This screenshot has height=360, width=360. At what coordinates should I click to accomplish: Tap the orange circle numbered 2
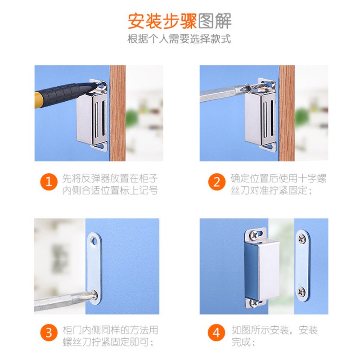coord(217,182)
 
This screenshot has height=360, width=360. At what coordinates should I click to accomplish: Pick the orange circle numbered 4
coord(217,333)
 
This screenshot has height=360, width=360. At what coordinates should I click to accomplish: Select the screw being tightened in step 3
coord(94,295)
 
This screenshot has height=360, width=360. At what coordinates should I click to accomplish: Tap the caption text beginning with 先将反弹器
coord(110,184)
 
